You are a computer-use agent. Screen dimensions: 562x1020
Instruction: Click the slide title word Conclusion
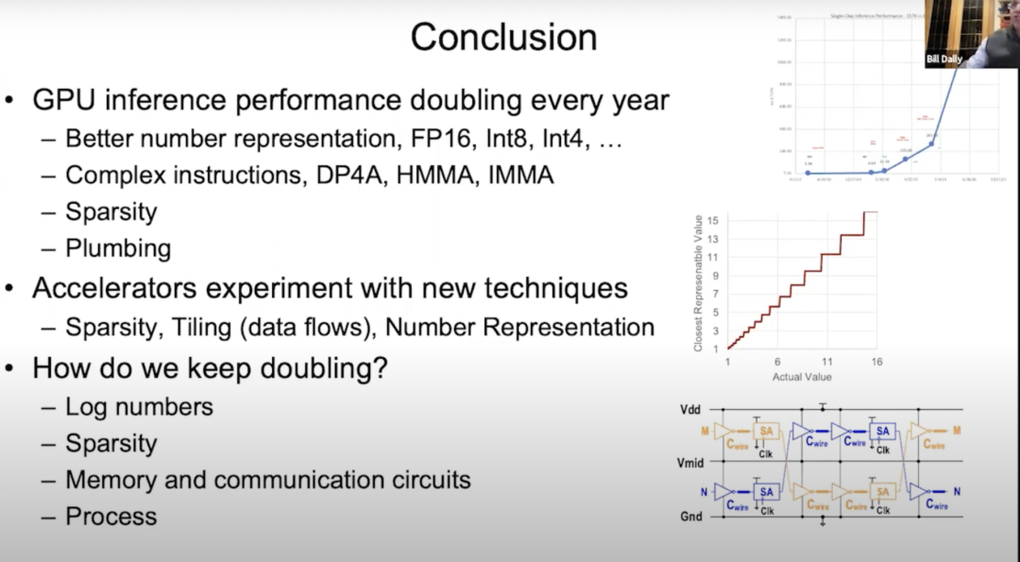click(x=503, y=37)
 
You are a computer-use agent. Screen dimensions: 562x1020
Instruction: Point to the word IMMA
click(x=522, y=175)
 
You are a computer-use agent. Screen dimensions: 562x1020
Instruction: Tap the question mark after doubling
click(x=379, y=367)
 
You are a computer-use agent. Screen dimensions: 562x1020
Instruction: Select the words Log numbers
click(x=139, y=406)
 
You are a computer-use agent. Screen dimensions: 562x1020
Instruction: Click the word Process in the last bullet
click(x=110, y=516)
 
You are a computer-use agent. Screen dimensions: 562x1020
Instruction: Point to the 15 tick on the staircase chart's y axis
click(x=715, y=219)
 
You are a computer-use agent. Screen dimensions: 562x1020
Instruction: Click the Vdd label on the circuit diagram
click(x=690, y=410)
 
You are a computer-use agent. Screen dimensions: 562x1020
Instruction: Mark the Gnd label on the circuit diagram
click(x=691, y=517)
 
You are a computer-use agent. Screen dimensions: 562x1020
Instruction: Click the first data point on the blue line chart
click(x=807, y=173)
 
